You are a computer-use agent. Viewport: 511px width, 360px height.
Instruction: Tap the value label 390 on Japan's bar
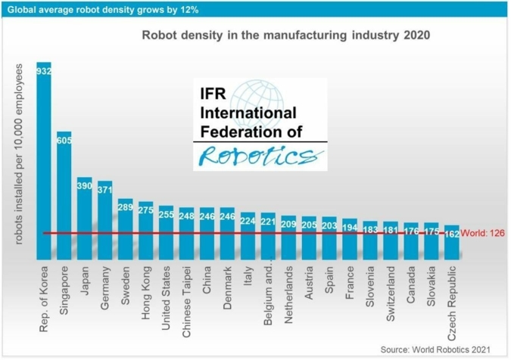pyautogui.click(x=85, y=185)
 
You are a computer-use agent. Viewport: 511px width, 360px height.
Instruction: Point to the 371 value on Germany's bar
pyautogui.click(x=105, y=189)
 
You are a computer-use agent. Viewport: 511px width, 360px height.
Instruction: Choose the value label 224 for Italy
pyautogui.click(x=248, y=221)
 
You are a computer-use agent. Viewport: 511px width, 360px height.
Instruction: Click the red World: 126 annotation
pyautogui.click(x=482, y=234)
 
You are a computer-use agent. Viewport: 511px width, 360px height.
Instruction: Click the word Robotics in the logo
pyautogui.click(x=258, y=157)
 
